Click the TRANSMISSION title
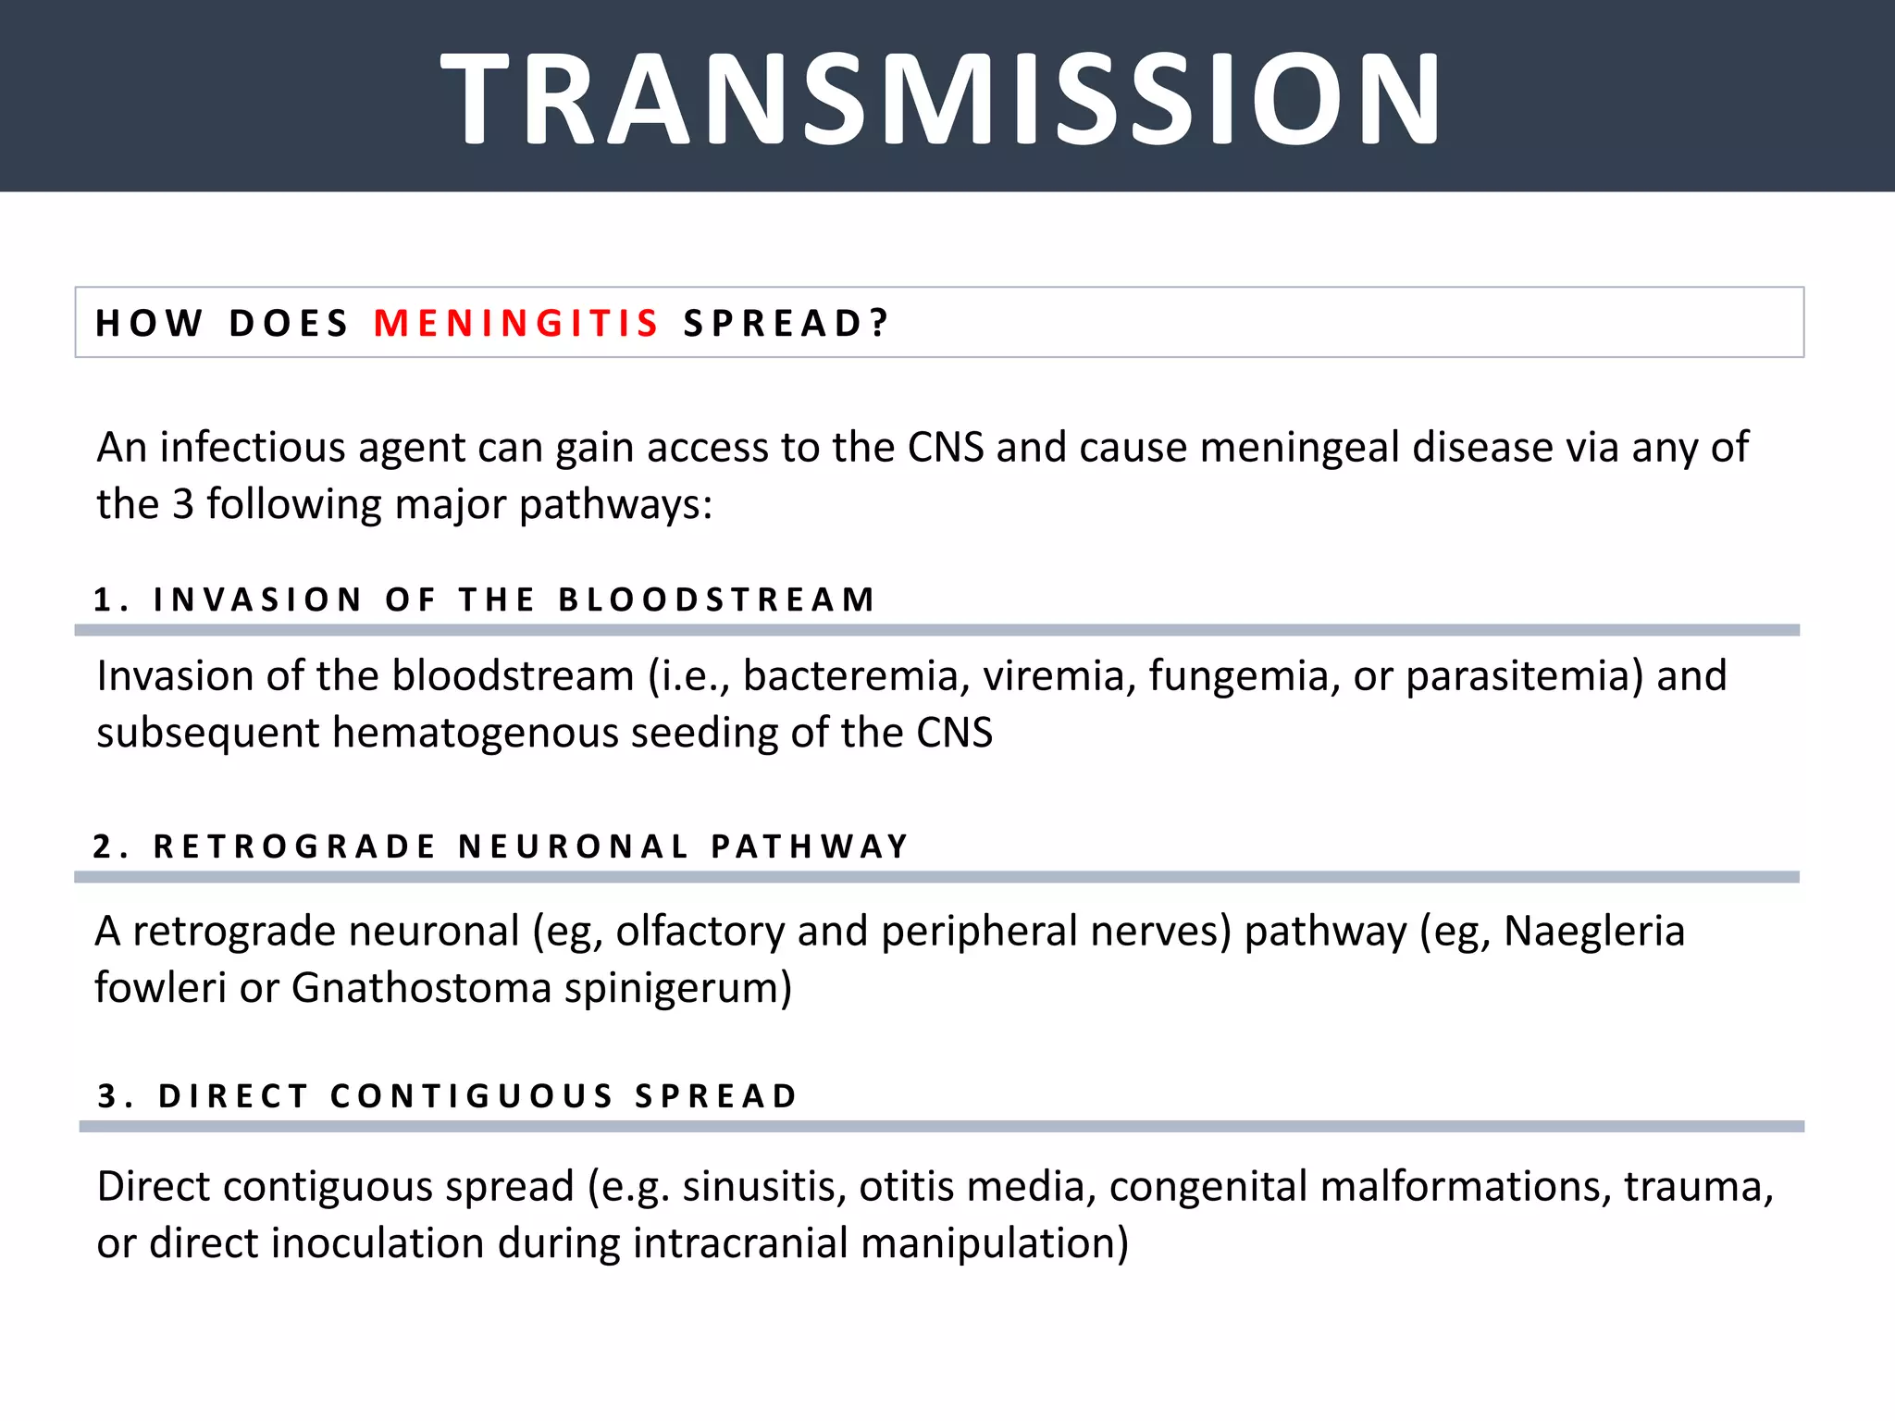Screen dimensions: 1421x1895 [x=940, y=100]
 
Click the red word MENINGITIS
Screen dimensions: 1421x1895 [x=516, y=324]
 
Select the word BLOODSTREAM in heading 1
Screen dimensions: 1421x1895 [x=716, y=599]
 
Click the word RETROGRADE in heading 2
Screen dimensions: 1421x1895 [x=294, y=846]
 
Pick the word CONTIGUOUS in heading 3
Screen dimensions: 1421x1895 [x=472, y=1096]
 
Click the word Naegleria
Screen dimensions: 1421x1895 [x=1593, y=932]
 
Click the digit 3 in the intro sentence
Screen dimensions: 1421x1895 [x=183, y=505]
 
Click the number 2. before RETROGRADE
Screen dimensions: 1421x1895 [x=109, y=846]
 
